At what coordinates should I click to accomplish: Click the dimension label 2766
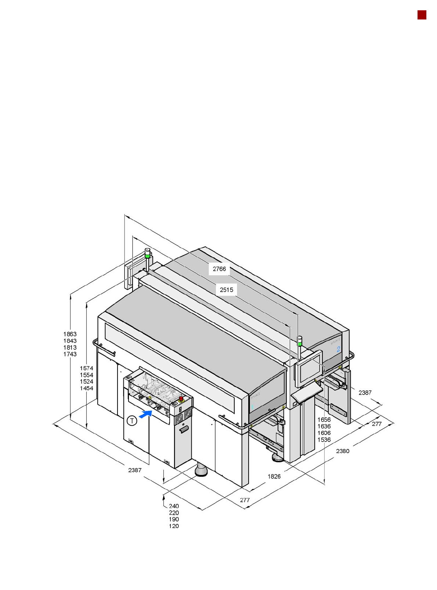click(x=219, y=269)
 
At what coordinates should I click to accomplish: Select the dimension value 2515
click(x=226, y=290)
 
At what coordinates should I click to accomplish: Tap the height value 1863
click(x=70, y=334)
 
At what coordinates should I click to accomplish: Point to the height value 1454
click(x=87, y=388)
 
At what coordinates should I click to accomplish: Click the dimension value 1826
click(x=274, y=476)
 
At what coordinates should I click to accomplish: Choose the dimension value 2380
click(x=343, y=451)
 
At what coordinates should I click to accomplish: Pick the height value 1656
click(x=324, y=420)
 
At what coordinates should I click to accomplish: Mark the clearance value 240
click(x=174, y=506)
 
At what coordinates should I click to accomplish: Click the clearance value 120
click(x=174, y=526)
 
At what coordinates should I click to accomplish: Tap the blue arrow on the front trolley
click(x=145, y=414)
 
